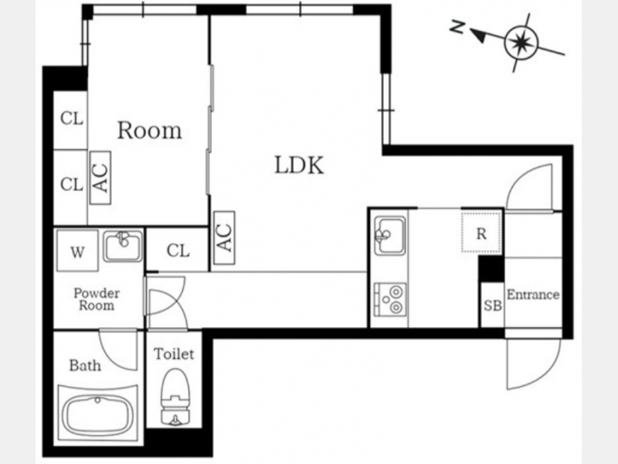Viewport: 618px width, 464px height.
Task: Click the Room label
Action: click(x=150, y=131)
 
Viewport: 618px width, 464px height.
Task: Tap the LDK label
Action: click(x=299, y=165)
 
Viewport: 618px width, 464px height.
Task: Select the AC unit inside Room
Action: click(x=100, y=178)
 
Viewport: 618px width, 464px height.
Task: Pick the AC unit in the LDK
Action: click(x=224, y=238)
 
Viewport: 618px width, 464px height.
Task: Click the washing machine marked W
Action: click(x=77, y=251)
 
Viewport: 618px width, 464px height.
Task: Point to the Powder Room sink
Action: click(x=123, y=246)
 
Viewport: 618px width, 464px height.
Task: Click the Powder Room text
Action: click(x=97, y=299)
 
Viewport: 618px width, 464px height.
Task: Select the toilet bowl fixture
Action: click(x=175, y=397)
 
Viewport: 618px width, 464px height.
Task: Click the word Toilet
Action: click(x=174, y=354)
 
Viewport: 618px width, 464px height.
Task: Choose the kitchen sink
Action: click(x=390, y=235)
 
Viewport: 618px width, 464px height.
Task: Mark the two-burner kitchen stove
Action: click(x=390, y=299)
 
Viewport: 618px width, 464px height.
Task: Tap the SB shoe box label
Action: click(x=493, y=305)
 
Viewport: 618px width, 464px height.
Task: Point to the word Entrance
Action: click(x=533, y=295)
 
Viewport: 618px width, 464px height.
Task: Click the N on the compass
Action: click(x=457, y=27)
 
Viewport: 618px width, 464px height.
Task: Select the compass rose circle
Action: click(x=521, y=42)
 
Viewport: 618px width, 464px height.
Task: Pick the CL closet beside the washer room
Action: click(x=178, y=250)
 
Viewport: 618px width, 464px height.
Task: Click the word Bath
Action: click(x=85, y=365)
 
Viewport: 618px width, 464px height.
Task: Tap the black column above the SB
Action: click(x=491, y=268)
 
